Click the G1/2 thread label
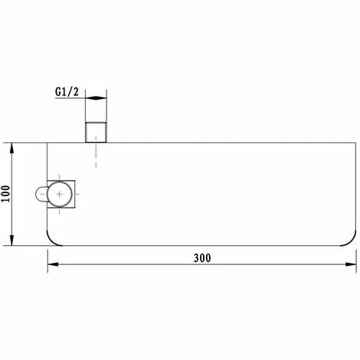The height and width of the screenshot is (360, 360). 67,92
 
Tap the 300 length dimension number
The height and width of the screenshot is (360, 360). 202,258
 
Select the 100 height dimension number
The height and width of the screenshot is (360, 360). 6,194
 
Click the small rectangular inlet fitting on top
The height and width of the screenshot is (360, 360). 96,133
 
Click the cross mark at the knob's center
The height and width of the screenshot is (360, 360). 60,195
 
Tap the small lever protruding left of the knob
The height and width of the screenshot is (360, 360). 41,194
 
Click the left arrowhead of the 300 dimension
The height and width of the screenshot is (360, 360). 53,264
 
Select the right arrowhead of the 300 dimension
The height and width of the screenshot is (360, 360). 351,264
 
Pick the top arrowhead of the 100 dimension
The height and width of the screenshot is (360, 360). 11,148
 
